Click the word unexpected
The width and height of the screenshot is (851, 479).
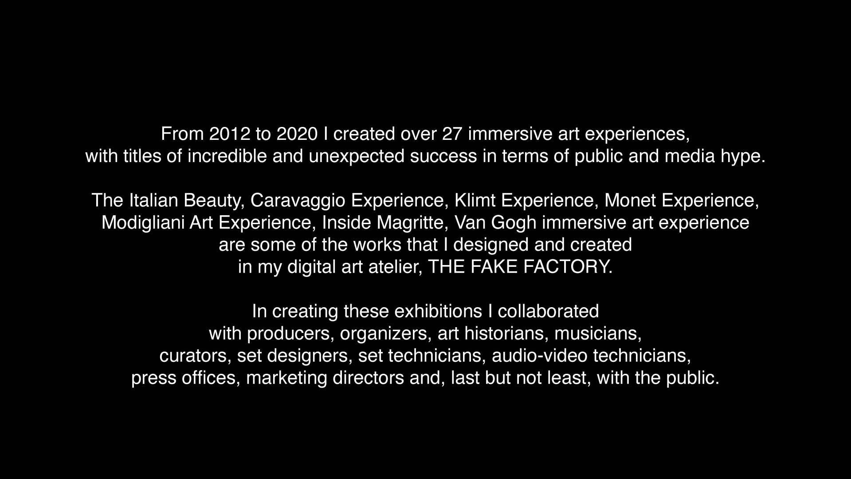click(357, 156)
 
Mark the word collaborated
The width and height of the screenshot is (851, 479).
click(549, 311)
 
